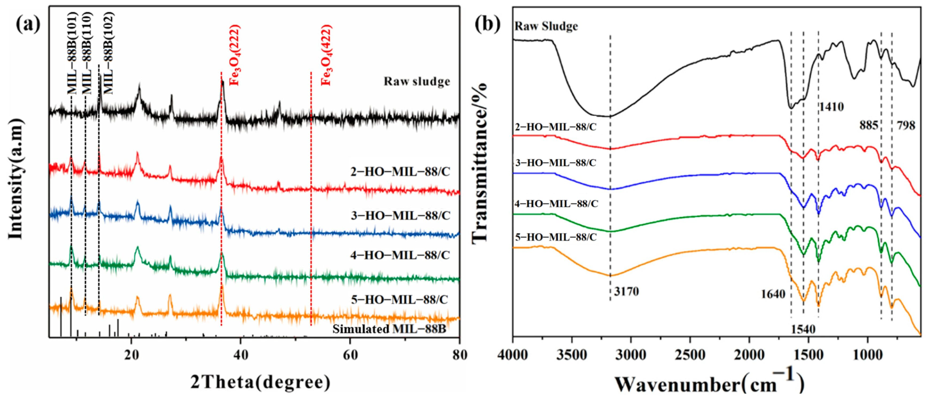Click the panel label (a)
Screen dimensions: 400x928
28,25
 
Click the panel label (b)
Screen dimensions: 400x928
488,25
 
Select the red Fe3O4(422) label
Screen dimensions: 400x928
326,55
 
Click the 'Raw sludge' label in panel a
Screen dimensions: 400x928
417,82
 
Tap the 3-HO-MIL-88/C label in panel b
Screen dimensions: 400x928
555,163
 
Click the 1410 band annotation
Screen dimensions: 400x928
832,107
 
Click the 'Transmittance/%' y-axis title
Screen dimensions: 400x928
479,162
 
